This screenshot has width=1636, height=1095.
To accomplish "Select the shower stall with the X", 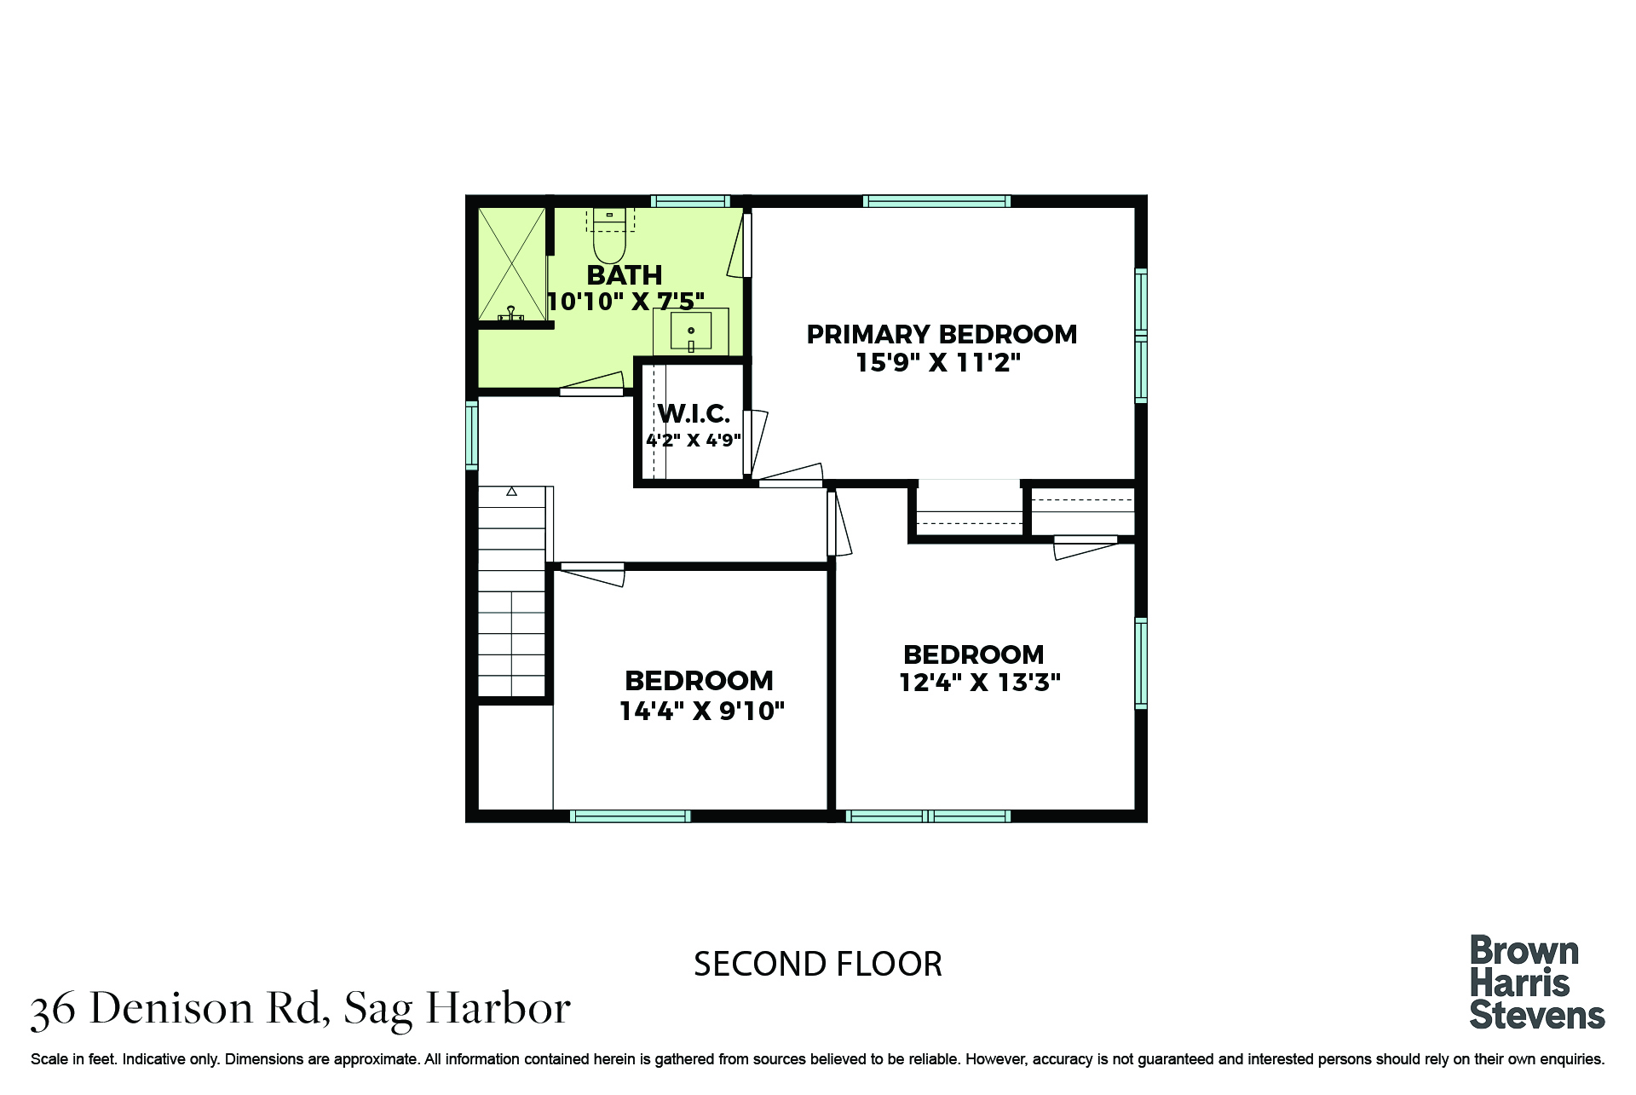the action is coord(511,264).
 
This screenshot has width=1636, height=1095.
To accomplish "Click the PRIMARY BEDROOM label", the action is coord(942,334).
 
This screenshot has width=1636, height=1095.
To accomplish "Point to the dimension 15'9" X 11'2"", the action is coord(938,363).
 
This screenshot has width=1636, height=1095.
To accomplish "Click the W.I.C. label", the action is coord(694,414).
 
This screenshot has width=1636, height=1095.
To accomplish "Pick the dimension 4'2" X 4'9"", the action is coord(694,441).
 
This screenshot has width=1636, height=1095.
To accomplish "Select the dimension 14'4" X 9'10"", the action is coord(701,711).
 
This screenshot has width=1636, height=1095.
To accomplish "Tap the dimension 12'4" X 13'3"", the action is coord(980,683).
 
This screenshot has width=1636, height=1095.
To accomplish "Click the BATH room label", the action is coord(625,275).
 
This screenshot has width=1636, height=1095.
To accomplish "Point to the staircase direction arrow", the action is coord(511,492).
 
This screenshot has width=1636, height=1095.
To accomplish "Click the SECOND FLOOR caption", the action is coord(818,965).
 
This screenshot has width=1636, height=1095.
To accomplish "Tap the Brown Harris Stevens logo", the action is coord(1537,983).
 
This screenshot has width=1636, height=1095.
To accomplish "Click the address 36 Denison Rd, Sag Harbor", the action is coord(300,1009).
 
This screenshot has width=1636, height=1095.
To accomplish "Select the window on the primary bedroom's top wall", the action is coord(936,201).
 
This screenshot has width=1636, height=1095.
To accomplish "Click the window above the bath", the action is coord(690,201).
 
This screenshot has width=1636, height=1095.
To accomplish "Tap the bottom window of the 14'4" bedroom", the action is coord(630,816).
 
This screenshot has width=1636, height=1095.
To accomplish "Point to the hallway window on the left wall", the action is coord(471,435).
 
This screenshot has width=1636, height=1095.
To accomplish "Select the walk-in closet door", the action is coord(754,443).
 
